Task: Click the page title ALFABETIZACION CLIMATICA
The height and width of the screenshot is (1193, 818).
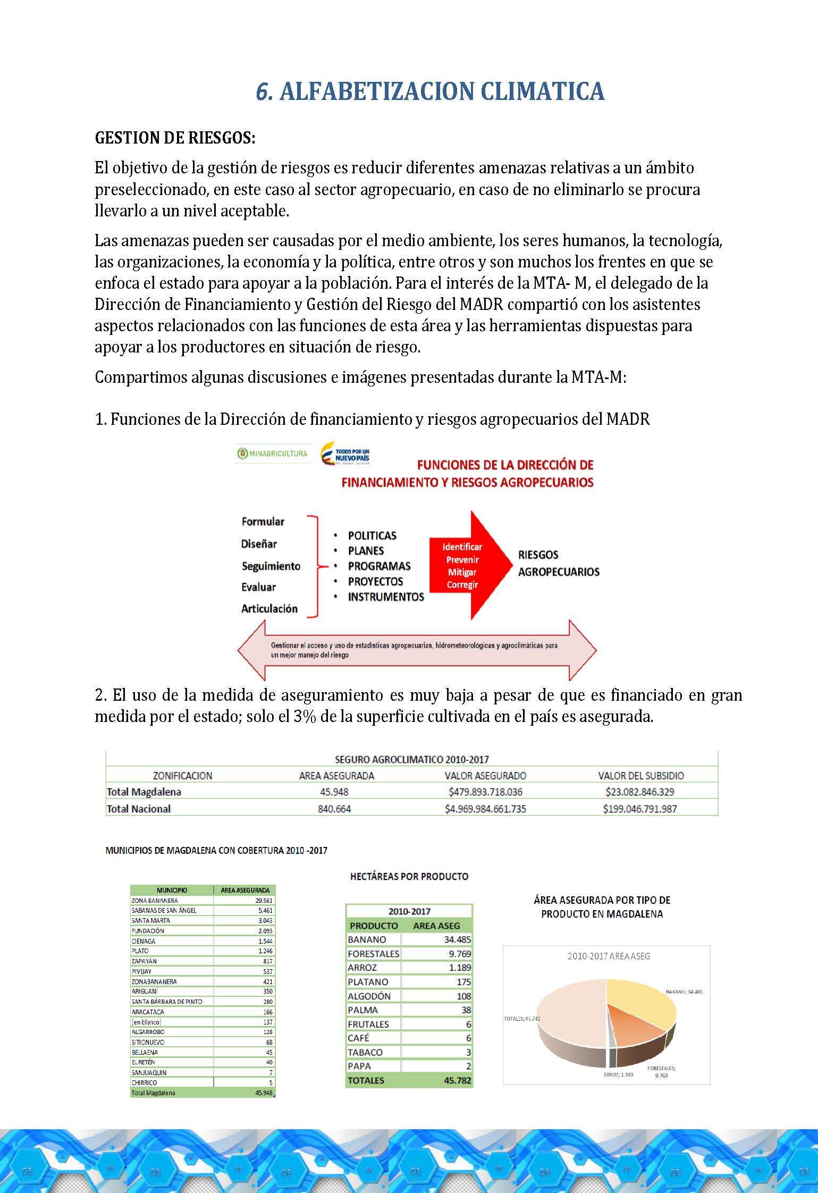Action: coord(430,91)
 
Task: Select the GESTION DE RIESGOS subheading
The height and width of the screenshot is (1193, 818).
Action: coord(175,138)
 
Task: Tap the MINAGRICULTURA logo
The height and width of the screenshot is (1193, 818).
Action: coord(273,453)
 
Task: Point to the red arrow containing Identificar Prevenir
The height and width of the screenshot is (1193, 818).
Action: coord(468,566)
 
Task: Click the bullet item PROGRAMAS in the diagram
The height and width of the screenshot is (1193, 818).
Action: coord(379,566)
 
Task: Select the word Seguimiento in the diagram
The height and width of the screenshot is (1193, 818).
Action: coord(271,566)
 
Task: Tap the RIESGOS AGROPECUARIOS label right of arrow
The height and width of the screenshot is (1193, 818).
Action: coord(559,564)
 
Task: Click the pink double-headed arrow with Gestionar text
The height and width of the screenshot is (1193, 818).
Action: coord(417,650)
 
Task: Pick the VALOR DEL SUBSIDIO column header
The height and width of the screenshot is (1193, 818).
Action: coord(640,776)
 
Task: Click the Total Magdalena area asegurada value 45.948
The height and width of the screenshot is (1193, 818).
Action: coord(334,792)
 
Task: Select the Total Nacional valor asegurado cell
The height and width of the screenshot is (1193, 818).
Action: coord(485,809)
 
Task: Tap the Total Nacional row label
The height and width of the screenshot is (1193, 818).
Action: coord(139,809)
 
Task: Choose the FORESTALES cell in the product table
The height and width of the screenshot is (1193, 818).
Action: coord(373,954)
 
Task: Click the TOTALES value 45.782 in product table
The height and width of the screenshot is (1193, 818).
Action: coord(457,1080)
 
